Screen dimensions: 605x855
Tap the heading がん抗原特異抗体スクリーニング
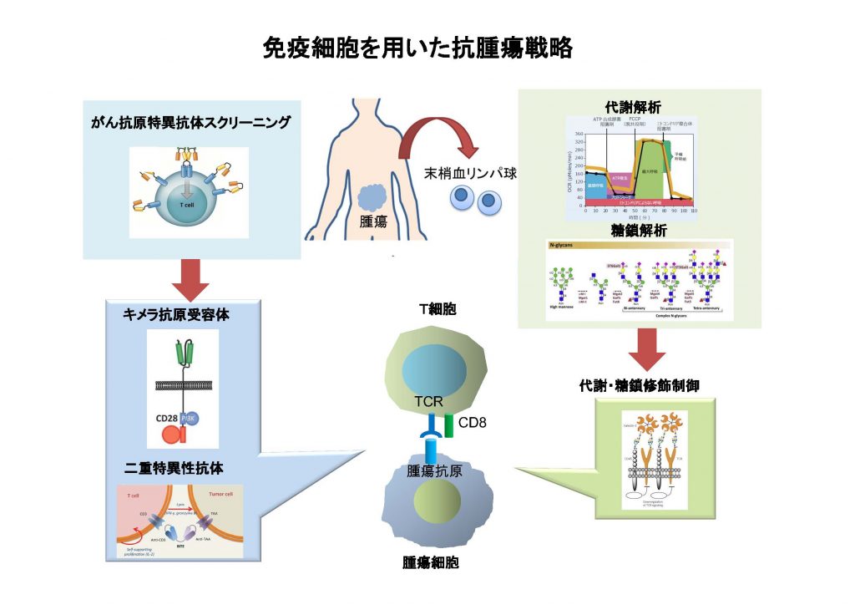click(192, 123)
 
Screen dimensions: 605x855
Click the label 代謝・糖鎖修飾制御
click(639, 385)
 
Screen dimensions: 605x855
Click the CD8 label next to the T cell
click(473, 421)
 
